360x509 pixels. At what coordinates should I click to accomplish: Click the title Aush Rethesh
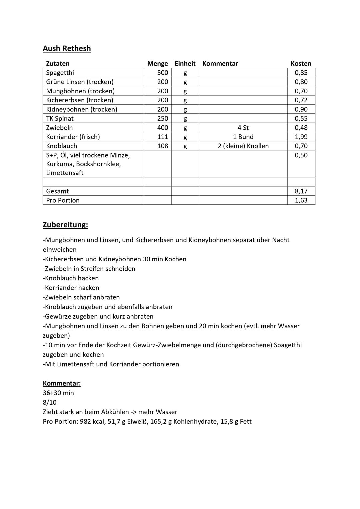(x=67, y=49)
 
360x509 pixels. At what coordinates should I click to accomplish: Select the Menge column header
(x=157, y=64)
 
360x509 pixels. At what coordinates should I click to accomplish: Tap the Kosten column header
(x=301, y=64)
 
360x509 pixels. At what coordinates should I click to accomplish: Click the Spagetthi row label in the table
(x=60, y=73)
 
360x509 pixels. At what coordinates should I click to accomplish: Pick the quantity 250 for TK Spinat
(x=163, y=118)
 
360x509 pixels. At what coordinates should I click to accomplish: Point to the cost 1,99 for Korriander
(x=301, y=137)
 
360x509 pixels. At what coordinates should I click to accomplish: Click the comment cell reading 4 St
(x=243, y=128)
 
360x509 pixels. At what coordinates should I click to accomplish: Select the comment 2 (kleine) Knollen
(x=243, y=146)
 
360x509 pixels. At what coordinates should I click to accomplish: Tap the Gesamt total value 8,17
(x=301, y=191)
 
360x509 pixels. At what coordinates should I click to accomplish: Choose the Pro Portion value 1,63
(x=301, y=200)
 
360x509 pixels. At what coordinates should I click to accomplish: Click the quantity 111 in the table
(x=163, y=137)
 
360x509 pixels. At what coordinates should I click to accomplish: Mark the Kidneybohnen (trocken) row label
(x=82, y=109)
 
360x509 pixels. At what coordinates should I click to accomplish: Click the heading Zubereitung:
(x=65, y=225)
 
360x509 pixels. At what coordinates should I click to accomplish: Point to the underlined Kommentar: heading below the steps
(x=62, y=383)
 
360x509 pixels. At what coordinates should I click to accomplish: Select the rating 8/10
(x=50, y=402)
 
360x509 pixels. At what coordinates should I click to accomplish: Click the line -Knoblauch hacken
(x=71, y=278)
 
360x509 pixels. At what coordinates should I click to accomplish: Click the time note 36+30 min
(x=58, y=393)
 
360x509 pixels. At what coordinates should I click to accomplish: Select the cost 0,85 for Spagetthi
(x=301, y=73)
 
